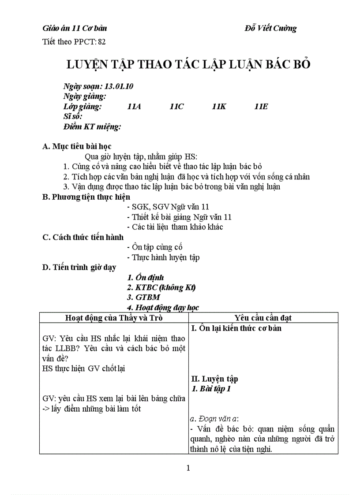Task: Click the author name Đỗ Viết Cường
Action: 270,28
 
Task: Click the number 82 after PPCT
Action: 102,42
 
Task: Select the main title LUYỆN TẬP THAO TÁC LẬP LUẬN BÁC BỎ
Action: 188,64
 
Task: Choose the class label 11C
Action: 176,107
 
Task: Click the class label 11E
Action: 261,107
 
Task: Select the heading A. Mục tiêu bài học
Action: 77,146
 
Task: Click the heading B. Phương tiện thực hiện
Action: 86,197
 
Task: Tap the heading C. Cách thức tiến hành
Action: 82,237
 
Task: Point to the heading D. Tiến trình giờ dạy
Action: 79,267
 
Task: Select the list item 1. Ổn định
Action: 145,278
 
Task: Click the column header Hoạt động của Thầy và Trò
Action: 114,318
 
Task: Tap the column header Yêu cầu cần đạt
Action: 263,318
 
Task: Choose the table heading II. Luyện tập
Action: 215,379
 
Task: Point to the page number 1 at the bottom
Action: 188,468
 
